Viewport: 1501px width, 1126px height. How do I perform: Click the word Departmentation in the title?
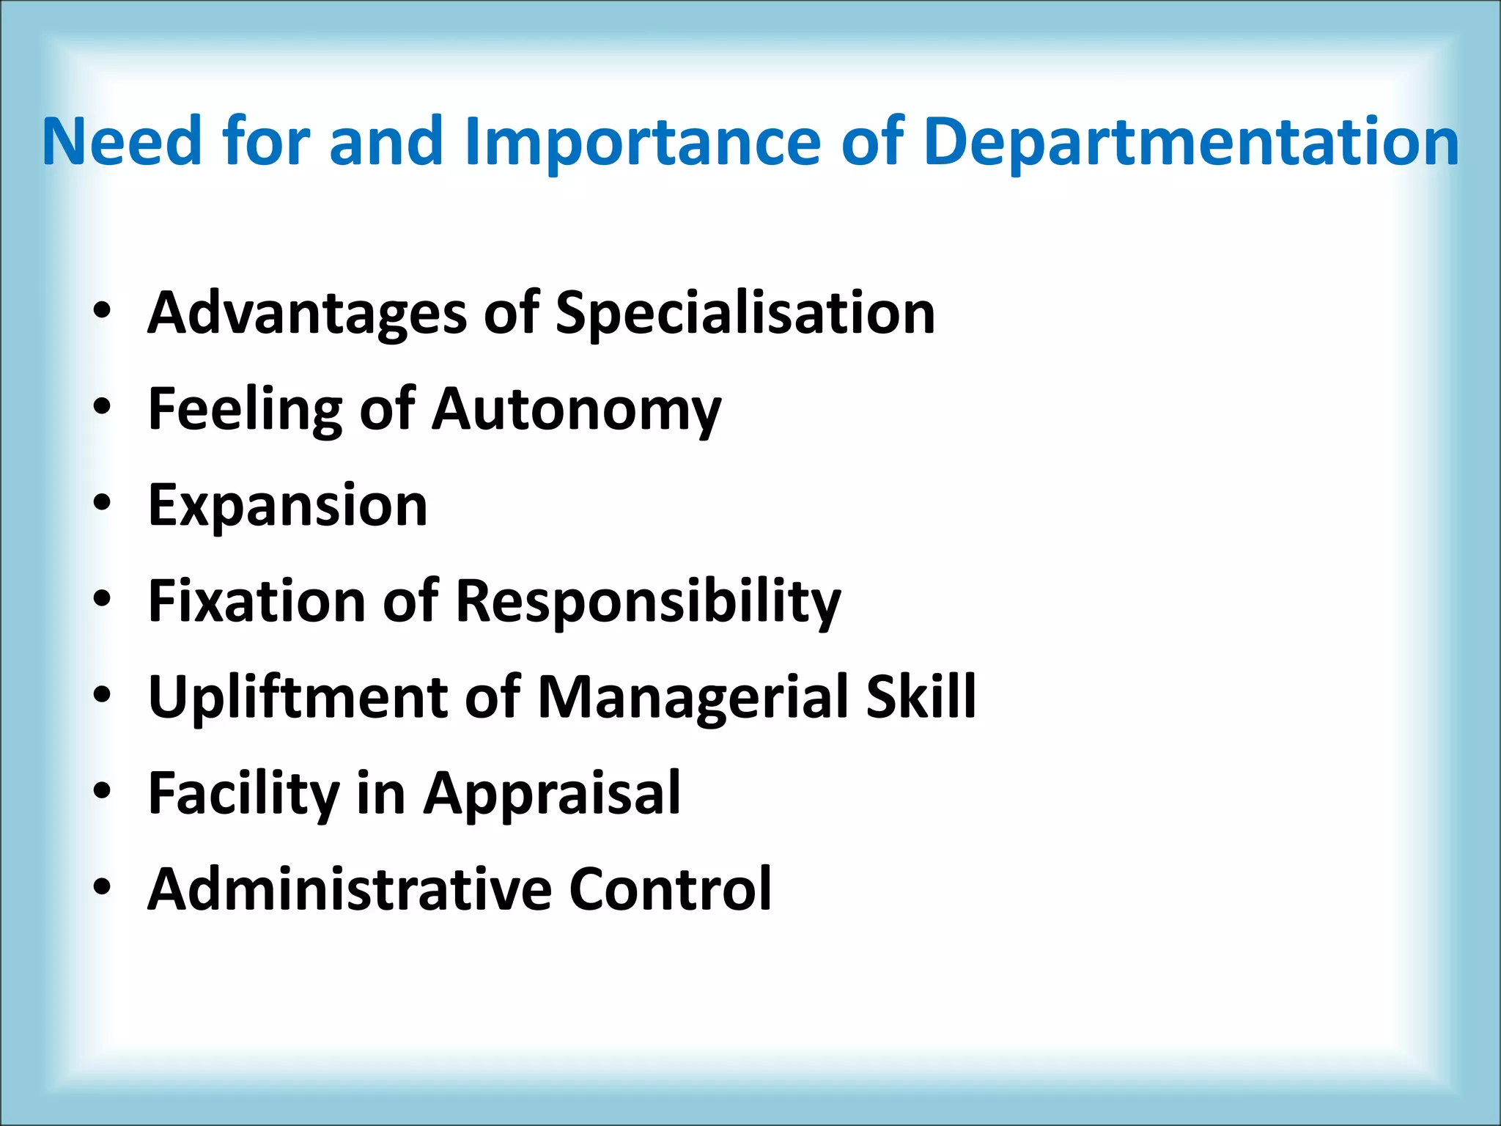(x=1191, y=143)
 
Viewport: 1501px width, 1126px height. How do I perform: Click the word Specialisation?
(x=745, y=314)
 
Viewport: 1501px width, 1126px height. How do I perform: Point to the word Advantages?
(x=307, y=314)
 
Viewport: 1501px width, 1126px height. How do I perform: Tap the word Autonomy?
(x=576, y=411)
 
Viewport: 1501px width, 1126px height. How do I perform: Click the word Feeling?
(x=245, y=411)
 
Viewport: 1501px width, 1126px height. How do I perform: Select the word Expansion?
(x=287, y=506)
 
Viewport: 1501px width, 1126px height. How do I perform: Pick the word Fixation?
(x=256, y=601)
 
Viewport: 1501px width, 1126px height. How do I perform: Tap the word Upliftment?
(x=298, y=697)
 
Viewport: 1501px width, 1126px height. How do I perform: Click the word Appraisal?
(x=553, y=794)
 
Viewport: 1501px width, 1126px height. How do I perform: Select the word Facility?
(x=243, y=794)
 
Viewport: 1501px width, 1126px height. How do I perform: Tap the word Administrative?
(x=350, y=889)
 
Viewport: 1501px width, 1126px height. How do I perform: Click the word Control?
(x=670, y=889)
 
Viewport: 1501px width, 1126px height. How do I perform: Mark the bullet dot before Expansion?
(x=102, y=503)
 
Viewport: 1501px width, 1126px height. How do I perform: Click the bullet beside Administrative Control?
(x=102, y=887)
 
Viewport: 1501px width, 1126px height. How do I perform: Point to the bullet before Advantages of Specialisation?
(x=102, y=311)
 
